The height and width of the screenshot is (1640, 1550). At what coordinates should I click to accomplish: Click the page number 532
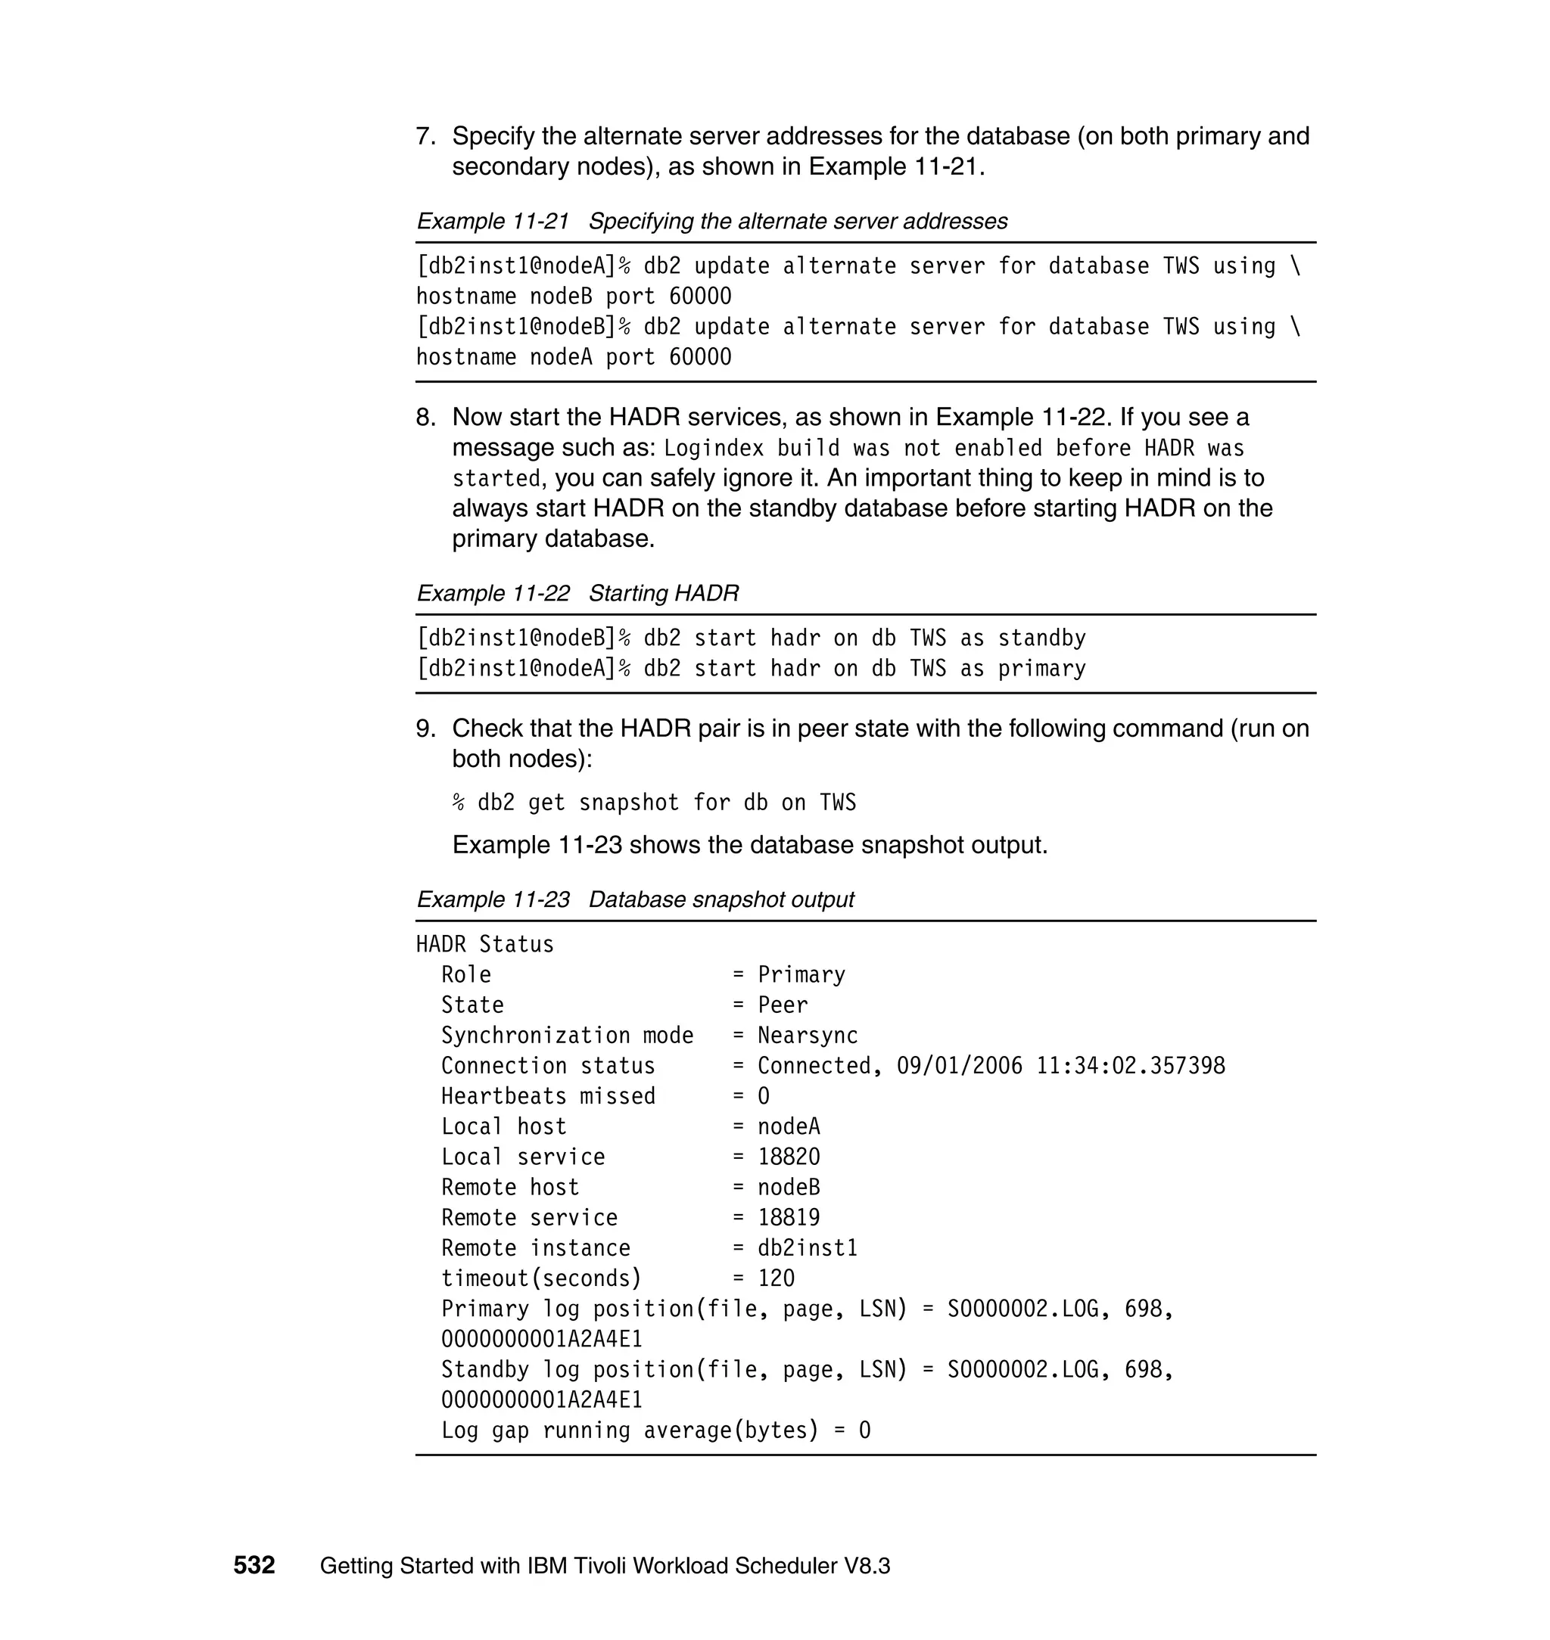click(254, 1565)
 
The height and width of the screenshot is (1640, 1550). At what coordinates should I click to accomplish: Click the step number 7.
click(425, 136)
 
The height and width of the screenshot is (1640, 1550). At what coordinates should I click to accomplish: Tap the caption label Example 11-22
click(493, 593)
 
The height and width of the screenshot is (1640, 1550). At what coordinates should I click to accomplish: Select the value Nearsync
click(808, 1036)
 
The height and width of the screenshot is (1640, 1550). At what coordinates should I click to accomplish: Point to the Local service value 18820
click(788, 1157)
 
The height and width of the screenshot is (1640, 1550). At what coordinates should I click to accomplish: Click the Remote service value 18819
click(788, 1217)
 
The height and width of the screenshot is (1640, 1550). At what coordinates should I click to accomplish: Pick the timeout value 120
click(776, 1278)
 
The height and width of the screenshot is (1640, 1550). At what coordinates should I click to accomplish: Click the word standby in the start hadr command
click(1041, 638)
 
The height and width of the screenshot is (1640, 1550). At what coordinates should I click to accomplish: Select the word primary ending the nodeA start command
click(1041, 669)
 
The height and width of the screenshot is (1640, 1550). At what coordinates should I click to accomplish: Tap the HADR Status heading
click(485, 944)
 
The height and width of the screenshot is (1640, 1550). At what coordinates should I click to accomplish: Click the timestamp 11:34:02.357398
click(1130, 1066)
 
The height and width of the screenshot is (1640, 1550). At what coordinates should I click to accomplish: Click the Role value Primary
click(801, 974)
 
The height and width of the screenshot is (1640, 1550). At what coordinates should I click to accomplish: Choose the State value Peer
click(783, 1005)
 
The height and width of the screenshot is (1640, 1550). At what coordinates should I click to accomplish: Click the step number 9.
click(425, 728)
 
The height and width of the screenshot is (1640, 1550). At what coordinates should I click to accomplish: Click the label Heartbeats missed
click(548, 1097)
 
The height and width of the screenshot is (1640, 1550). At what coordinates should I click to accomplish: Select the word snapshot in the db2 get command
click(629, 803)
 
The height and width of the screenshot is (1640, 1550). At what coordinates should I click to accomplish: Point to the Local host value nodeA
click(788, 1126)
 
